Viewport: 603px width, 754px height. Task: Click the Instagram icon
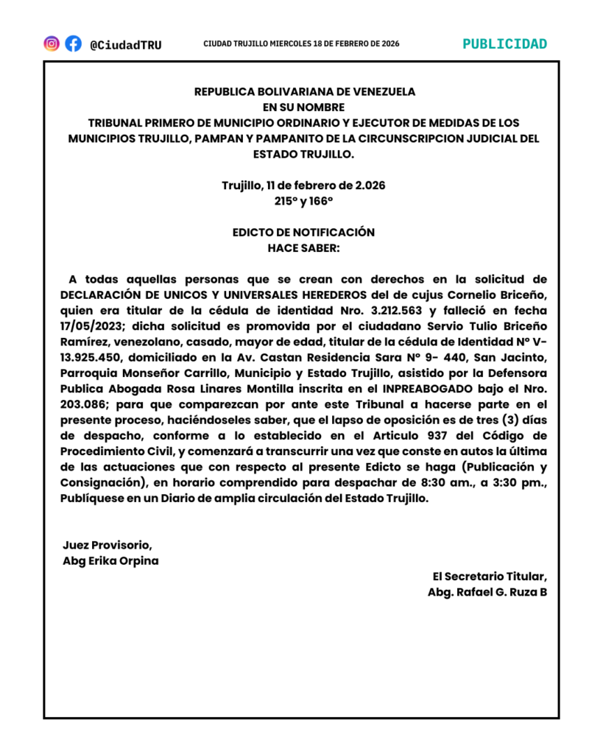[x=52, y=43]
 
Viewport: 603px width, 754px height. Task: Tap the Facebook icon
[x=73, y=43]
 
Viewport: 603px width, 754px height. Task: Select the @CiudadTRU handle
[x=125, y=44]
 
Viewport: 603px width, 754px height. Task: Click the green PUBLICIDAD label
[x=505, y=43]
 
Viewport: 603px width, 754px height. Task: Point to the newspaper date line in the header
[x=301, y=44]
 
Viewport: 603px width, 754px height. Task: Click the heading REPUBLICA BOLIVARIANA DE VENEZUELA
[x=304, y=92]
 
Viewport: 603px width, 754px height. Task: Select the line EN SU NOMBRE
[x=304, y=108]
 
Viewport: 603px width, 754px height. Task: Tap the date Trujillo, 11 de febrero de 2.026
[x=303, y=186]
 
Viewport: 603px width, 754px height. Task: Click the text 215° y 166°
[x=303, y=200]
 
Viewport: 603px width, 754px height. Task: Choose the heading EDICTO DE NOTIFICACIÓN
[x=303, y=232]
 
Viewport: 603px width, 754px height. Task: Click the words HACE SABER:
[x=303, y=247]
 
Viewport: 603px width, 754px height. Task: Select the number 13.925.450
[x=92, y=358]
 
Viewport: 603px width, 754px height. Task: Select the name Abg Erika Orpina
[x=110, y=561]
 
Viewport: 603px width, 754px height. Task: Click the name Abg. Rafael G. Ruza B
[x=487, y=593]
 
